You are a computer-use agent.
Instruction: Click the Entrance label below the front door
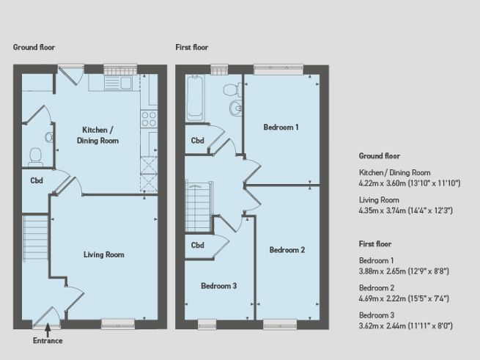48,340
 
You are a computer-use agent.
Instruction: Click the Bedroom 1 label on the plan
281,127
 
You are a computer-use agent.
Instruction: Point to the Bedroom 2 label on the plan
287,249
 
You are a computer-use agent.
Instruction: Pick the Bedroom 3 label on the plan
219,285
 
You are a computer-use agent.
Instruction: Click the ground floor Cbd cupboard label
36,180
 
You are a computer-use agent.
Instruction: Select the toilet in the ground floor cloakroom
34,154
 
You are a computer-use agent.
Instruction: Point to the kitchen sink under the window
118,82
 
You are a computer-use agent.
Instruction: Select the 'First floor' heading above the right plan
192,47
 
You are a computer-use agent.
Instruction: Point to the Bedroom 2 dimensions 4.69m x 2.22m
404,298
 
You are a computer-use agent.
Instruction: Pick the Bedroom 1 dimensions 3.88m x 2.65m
404,271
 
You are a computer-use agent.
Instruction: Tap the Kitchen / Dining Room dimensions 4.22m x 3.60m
409,183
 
